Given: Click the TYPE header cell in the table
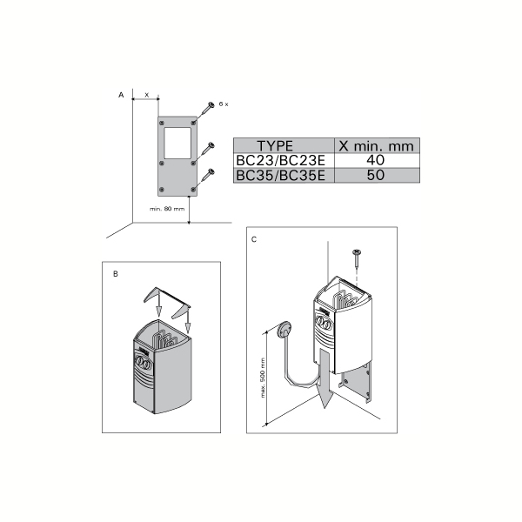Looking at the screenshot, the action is click(x=275, y=146).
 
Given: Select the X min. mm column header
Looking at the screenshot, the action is click(x=376, y=146).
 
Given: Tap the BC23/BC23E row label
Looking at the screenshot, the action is click(x=280, y=160).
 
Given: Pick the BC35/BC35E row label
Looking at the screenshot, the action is click(x=280, y=175).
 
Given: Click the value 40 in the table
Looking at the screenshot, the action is click(x=376, y=160).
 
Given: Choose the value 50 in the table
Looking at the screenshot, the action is click(x=376, y=175).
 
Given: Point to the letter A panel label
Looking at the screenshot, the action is click(x=121, y=95).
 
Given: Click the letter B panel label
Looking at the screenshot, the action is click(x=116, y=274).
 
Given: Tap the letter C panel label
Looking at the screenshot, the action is click(x=254, y=239).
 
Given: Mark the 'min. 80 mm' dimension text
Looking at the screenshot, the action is click(x=167, y=209).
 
